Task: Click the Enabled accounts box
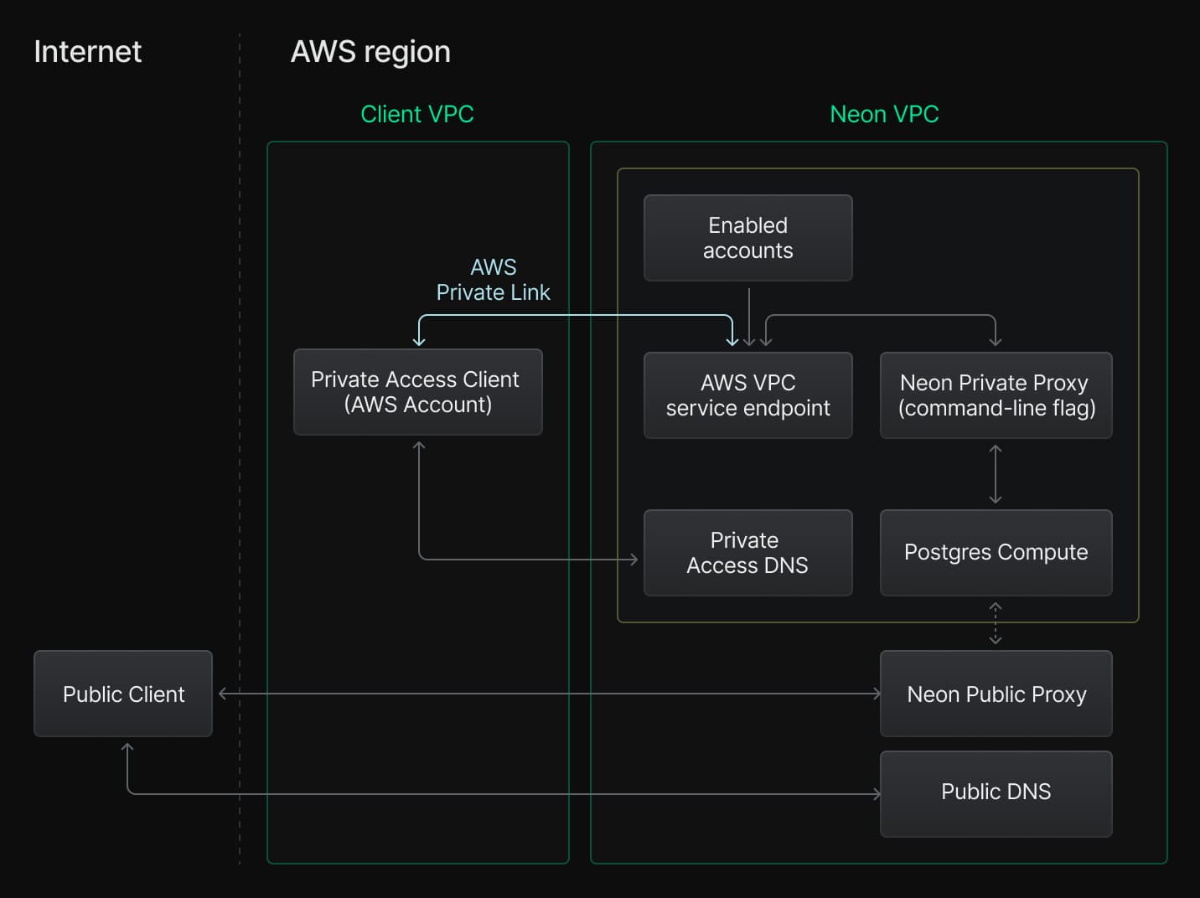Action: click(x=747, y=238)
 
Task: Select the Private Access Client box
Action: click(x=417, y=392)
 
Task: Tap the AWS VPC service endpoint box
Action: click(x=747, y=395)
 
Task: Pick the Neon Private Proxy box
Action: click(x=996, y=395)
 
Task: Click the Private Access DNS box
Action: click(x=747, y=553)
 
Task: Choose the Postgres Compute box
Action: click(x=996, y=553)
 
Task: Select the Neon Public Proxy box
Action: click(x=996, y=694)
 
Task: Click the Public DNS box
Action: click(x=996, y=792)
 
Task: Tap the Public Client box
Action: click(x=123, y=694)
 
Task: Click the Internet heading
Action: click(x=87, y=52)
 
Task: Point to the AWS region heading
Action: click(x=370, y=52)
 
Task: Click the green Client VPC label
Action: click(x=416, y=114)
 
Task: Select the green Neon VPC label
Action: click(x=884, y=114)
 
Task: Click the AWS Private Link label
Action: click(x=493, y=280)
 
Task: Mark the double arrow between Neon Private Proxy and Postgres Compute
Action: click(x=996, y=474)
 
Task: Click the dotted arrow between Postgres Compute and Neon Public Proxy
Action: click(x=996, y=623)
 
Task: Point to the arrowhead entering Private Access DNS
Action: click(x=634, y=560)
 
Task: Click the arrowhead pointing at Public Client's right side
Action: click(x=223, y=694)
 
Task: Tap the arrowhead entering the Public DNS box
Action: click(x=877, y=794)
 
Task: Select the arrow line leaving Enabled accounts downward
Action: click(x=749, y=314)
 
